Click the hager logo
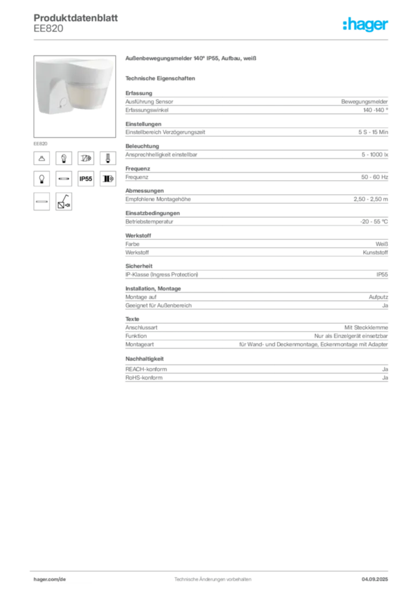point(365,24)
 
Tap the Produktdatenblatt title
point(76,18)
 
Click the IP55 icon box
point(85,179)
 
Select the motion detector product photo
point(74,96)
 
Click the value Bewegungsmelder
point(364,102)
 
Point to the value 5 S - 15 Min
point(373,132)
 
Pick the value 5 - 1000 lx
point(375,155)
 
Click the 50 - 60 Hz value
point(375,177)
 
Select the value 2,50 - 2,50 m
point(371,199)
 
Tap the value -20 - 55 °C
point(374,222)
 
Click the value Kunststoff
point(375,253)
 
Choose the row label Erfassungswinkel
point(147,110)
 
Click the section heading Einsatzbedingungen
point(152,213)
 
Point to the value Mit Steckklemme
point(366,328)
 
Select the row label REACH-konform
point(146,369)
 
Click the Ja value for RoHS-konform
point(385,377)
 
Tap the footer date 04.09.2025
point(375,579)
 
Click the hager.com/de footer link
point(50,579)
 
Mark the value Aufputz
point(378,297)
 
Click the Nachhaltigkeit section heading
point(145,359)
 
